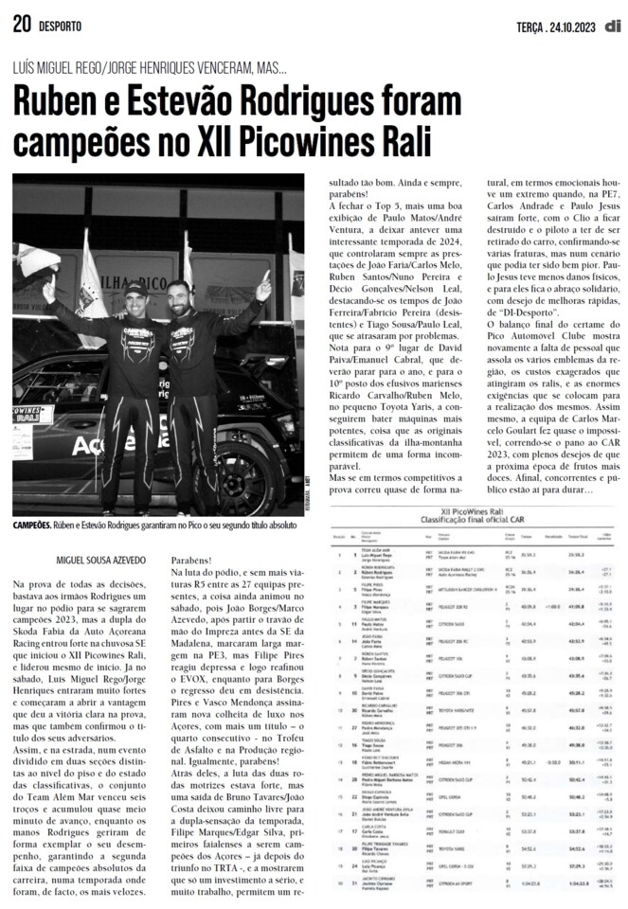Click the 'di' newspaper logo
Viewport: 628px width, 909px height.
pyautogui.click(x=615, y=25)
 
